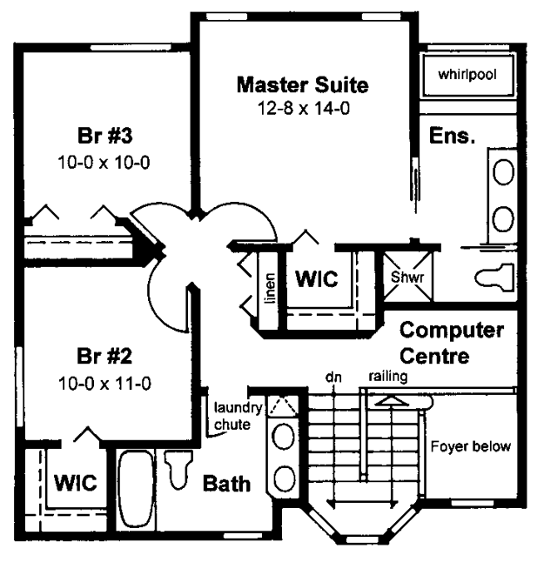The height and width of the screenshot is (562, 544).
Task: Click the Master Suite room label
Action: click(302, 85)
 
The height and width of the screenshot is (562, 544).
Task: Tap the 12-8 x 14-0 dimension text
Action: click(304, 108)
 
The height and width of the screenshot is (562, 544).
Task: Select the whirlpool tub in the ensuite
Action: click(468, 75)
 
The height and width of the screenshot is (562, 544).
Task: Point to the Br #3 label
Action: click(104, 136)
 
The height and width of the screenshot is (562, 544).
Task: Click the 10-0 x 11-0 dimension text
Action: click(104, 384)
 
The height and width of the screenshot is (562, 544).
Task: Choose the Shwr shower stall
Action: click(408, 277)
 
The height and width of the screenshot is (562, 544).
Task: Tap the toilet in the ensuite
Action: click(495, 277)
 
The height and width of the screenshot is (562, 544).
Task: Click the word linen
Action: click(270, 288)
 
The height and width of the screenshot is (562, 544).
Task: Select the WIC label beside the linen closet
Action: click(317, 278)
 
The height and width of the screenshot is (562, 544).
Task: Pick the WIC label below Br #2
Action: click(76, 483)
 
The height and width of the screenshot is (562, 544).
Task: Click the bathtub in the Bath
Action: click(136, 489)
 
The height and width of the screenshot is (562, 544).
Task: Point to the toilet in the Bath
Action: click(178, 469)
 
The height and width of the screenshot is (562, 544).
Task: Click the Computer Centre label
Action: click(452, 343)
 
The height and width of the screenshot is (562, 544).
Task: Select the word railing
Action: click(388, 377)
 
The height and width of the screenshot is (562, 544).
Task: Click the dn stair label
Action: click(333, 377)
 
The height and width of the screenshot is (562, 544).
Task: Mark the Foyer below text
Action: click(471, 446)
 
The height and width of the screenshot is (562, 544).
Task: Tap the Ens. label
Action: click(452, 136)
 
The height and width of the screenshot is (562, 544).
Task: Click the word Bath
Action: click(226, 484)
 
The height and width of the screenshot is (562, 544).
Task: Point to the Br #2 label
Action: click(104, 356)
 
